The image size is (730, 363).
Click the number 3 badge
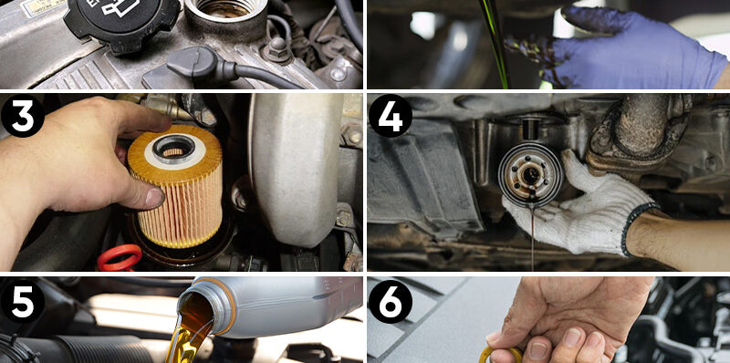coord(22,117)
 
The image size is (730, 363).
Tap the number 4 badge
coord(391,116)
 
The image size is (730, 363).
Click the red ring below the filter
coord(120,258)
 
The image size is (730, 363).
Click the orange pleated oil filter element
coord(175,186)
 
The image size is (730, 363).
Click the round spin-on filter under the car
coord(530,174)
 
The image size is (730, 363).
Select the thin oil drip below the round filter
coord(533,237)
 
